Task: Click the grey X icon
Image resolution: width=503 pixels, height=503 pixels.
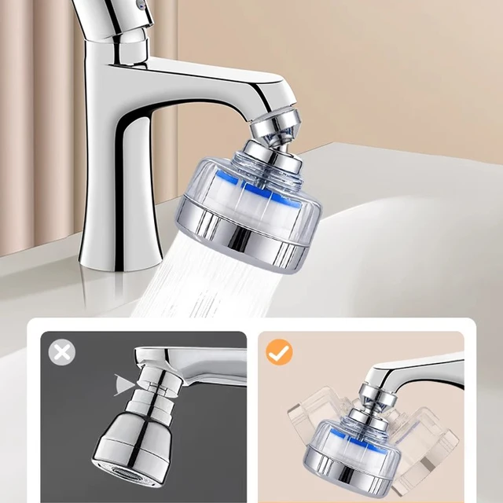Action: point(62,351)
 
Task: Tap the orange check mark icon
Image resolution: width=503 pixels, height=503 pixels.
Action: point(279,351)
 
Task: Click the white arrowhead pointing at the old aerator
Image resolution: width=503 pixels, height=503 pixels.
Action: point(123,384)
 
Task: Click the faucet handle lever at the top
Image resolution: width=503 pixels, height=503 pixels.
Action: point(111,15)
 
